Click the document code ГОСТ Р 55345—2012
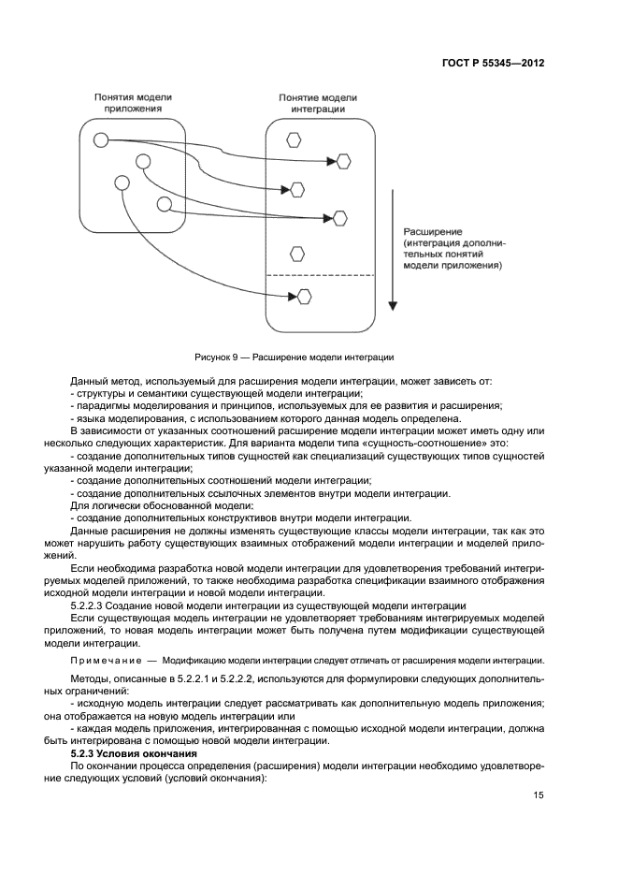(x=493, y=64)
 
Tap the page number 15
(x=539, y=795)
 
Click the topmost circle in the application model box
(x=101, y=140)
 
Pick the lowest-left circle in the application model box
(x=120, y=182)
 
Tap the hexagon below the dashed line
(x=305, y=298)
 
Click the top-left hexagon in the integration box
(x=294, y=139)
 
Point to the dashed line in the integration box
(x=320, y=274)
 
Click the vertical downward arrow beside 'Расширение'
(x=395, y=253)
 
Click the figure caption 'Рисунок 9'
(x=214, y=357)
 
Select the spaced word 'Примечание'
(x=105, y=660)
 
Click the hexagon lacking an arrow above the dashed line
(x=297, y=253)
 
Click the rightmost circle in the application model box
(x=164, y=204)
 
